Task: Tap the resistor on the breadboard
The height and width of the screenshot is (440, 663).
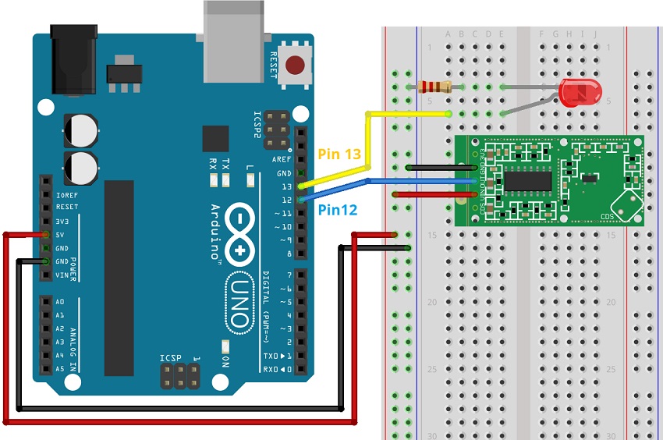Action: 435,86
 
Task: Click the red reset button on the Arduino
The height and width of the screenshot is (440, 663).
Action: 296,66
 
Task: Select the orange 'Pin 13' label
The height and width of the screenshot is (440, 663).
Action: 340,154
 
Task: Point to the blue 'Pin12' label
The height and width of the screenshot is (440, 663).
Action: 339,209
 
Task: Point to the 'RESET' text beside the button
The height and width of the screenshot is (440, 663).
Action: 273,64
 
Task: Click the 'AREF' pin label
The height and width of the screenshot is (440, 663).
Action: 282,159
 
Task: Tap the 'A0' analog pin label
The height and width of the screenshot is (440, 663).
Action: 61,302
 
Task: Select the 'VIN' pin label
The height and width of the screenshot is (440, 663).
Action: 62,275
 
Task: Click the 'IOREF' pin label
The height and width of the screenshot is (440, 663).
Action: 66,194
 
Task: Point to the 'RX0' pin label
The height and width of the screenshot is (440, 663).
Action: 271,369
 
